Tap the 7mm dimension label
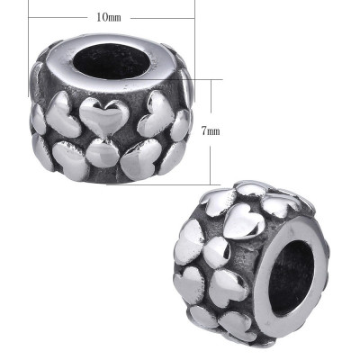(210, 130)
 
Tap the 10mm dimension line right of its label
(162, 17)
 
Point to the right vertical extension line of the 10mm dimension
(194, 36)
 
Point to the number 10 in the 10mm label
(103, 17)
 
